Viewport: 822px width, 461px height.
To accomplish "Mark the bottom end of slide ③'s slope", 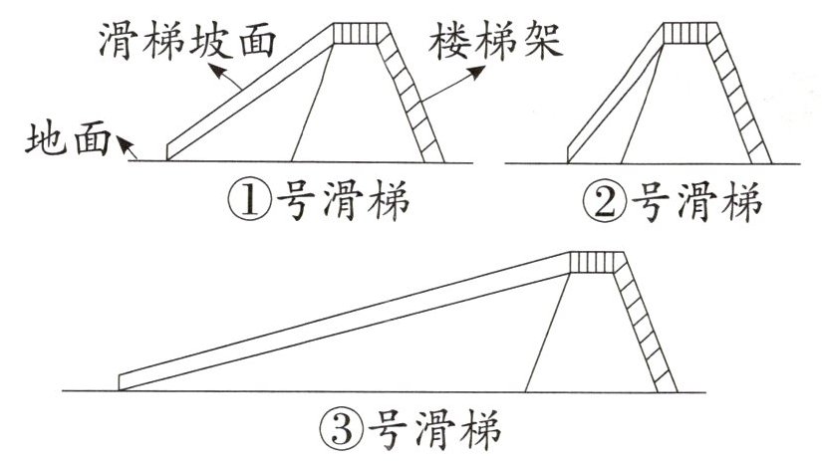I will click(126, 381).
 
